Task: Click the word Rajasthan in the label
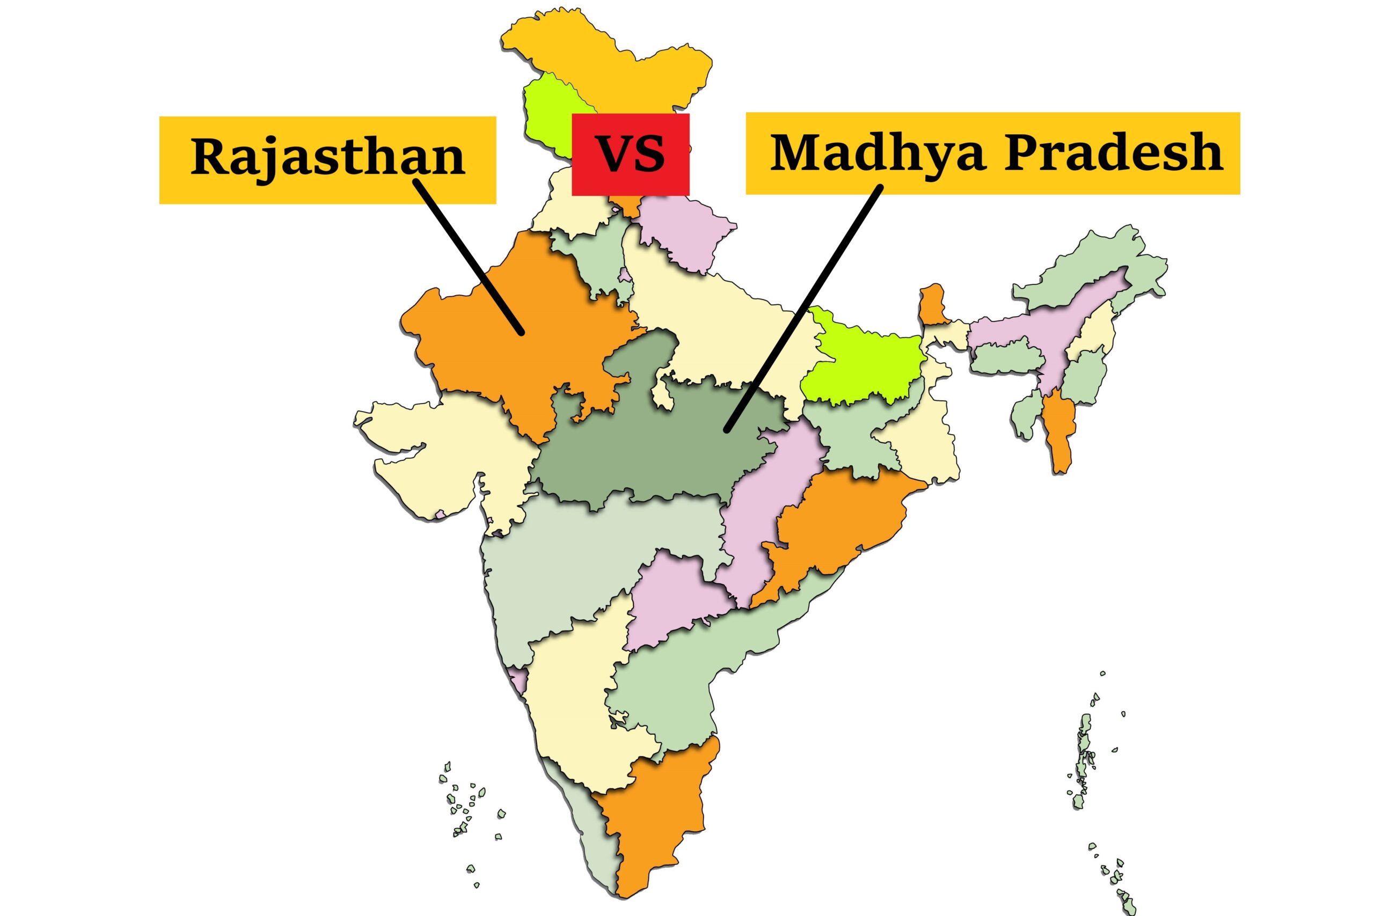coord(328,157)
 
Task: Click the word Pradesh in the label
coord(1114,153)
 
